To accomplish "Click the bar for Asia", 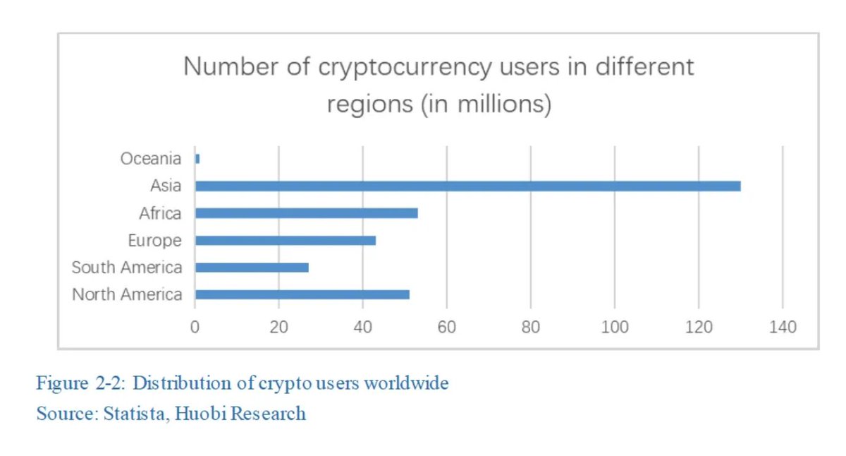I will point(467,186).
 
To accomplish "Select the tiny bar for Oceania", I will point(197,159).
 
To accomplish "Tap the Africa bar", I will point(306,212).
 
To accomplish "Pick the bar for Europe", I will point(285,240).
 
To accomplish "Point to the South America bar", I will point(252,268).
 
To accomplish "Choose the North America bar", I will point(302,294).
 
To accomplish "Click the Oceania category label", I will point(150,159).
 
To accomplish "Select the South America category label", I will point(127,268).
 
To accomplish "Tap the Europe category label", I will point(154,241).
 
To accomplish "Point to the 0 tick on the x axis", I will point(195,328).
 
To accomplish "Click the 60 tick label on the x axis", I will point(447,328).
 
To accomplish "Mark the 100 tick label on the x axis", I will point(615,328).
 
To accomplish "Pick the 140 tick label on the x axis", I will point(783,328).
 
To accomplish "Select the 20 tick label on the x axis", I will point(279,328).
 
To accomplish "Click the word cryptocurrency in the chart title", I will point(405,67).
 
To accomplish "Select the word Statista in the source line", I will point(132,413).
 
